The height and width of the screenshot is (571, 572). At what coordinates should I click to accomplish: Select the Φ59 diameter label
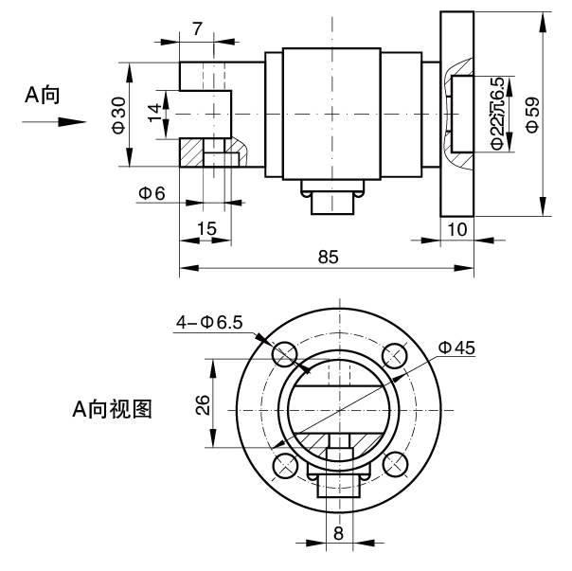point(533,114)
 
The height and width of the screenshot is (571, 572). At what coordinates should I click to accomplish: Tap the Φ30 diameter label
point(117,115)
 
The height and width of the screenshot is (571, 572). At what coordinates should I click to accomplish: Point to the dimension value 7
point(196,29)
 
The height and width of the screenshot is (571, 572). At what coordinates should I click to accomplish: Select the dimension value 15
point(206,228)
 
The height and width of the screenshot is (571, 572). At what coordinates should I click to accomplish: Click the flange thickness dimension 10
point(456,228)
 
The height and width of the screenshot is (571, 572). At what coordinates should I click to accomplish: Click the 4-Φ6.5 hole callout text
point(209,323)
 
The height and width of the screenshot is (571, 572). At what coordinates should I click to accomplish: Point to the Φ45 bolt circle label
point(456,347)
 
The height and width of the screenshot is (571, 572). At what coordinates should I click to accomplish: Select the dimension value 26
point(201,405)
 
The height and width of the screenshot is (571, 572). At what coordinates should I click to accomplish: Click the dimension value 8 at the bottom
point(338,532)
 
